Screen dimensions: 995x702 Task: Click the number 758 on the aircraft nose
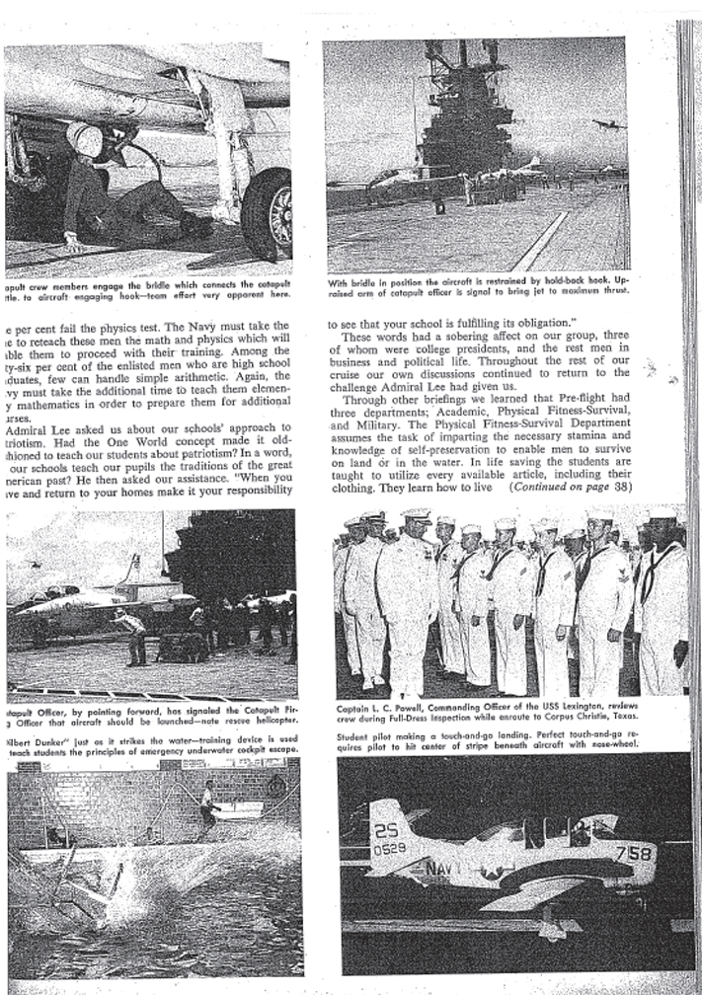632,853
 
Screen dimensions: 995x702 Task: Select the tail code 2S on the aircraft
386,830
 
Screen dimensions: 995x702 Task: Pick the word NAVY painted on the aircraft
438,870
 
